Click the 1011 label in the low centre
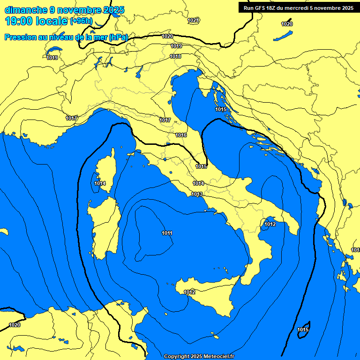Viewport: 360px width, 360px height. (167, 233)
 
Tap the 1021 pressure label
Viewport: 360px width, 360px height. (193, 20)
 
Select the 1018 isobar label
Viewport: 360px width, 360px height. (175, 56)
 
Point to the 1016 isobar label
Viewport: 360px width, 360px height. (181, 135)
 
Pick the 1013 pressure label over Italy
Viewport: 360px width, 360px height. (197, 194)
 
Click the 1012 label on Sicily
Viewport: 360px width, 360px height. (189, 292)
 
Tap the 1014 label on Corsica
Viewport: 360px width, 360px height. (100, 183)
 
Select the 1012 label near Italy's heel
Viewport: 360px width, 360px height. (270, 225)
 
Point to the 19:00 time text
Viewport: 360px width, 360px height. (18, 22)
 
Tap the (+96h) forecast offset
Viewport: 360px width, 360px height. (81, 22)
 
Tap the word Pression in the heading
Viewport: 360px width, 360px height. (19, 37)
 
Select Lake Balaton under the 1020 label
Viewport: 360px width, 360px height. (284, 35)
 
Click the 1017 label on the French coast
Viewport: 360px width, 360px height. (71, 118)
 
